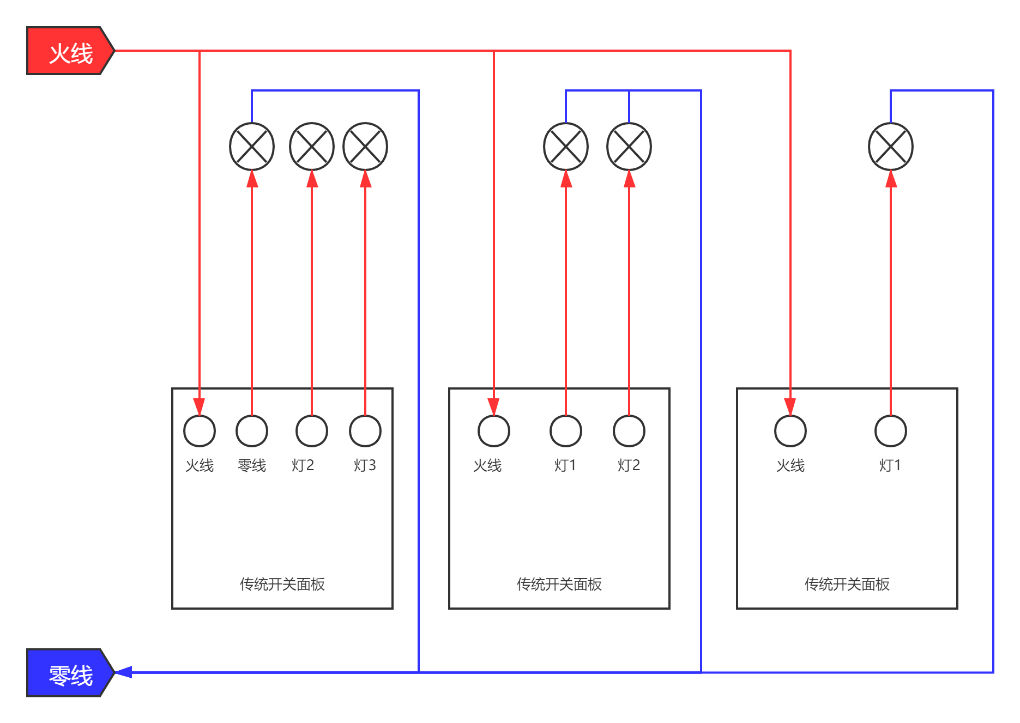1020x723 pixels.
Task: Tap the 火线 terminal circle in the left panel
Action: click(200, 431)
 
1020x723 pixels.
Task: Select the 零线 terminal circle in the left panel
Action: click(252, 431)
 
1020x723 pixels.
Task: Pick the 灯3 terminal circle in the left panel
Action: click(365, 431)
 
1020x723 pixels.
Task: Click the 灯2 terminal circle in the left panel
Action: click(312, 431)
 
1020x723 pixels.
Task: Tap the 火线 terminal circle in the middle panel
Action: click(494, 431)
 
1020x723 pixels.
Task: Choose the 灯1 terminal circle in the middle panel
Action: click(566, 431)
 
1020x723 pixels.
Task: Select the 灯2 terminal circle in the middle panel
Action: click(629, 431)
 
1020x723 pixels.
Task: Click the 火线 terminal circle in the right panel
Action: click(790, 431)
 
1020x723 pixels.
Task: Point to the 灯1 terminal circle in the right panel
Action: click(891, 431)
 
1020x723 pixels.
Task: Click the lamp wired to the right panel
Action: click(891, 147)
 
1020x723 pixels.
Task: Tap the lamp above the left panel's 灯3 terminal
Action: click(365, 147)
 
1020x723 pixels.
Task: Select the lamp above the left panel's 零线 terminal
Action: click(252, 147)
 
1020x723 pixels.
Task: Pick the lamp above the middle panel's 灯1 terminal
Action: click(566, 147)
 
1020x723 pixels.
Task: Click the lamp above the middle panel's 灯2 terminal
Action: click(629, 147)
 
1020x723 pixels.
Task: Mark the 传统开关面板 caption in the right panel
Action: click(847, 584)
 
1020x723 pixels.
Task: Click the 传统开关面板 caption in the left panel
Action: click(282, 584)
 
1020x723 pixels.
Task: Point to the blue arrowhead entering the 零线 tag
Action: click(123, 672)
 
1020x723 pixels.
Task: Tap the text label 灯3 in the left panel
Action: click(365, 465)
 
